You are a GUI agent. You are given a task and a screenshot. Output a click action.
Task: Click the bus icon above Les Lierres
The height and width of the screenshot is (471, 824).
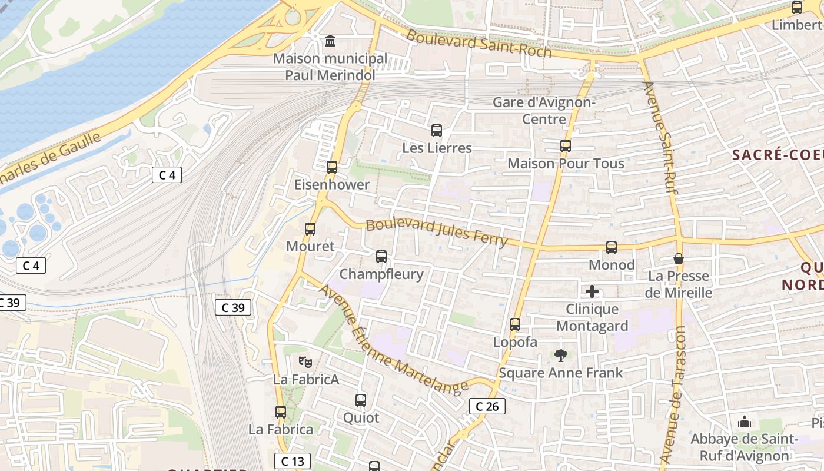(436, 131)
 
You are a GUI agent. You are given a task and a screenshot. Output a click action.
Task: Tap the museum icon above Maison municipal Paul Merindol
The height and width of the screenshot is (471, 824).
(330, 41)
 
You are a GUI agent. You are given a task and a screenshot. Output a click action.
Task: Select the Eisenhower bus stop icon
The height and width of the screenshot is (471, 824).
(332, 167)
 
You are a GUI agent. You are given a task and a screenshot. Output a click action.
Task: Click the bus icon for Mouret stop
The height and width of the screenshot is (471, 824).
(310, 229)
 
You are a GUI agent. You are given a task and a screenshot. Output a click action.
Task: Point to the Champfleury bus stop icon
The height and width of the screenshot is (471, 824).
(381, 257)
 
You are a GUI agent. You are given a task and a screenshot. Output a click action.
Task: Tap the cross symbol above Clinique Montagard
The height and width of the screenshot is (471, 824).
(592, 291)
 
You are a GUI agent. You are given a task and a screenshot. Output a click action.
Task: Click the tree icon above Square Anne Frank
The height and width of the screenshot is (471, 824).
(561, 355)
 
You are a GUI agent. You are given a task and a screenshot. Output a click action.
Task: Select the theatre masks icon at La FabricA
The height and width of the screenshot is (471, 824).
(304, 361)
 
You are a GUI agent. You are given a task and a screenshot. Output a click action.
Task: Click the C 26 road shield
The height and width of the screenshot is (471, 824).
(487, 406)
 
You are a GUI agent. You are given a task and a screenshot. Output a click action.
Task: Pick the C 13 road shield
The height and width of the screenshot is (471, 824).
(293, 461)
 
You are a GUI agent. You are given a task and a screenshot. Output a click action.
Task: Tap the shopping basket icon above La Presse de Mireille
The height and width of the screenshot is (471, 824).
(679, 258)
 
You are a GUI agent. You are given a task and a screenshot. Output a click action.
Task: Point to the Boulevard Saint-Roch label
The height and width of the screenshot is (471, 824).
(479, 43)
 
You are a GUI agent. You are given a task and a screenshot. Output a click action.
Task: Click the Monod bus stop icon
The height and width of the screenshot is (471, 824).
(612, 247)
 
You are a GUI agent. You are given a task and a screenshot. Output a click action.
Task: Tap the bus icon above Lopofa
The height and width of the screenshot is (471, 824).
(515, 324)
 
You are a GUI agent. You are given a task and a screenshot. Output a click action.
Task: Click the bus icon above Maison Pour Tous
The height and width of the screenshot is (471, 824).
(566, 146)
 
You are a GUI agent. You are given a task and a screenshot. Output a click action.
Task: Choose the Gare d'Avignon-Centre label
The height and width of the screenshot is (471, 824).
(544, 111)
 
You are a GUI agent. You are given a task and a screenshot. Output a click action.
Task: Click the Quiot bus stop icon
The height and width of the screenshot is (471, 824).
(361, 400)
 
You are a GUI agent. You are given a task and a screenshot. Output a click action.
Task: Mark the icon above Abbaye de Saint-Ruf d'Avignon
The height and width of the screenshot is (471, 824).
(745, 422)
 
